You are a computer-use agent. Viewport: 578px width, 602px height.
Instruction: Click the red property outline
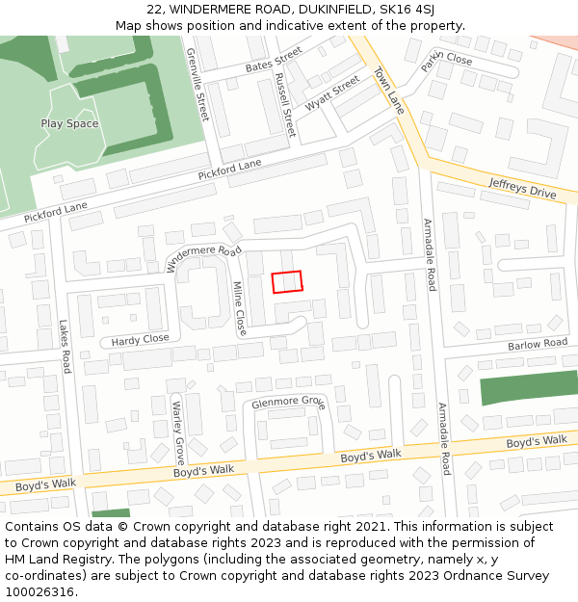click(x=287, y=281)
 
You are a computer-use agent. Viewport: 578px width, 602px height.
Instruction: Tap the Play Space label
click(x=69, y=124)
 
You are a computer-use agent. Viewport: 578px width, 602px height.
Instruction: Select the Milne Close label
click(x=240, y=308)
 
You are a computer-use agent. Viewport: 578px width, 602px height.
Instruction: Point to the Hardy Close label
click(x=140, y=340)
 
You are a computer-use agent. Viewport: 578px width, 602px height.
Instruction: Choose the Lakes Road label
click(x=65, y=347)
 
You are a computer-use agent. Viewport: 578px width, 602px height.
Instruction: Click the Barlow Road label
click(x=538, y=344)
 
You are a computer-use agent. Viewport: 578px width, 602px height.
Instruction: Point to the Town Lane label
click(x=388, y=91)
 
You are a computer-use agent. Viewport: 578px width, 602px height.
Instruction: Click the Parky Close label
click(x=446, y=61)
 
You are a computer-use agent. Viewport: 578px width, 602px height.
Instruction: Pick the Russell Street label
click(x=284, y=103)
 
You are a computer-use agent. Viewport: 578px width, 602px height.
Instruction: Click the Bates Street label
click(x=274, y=59)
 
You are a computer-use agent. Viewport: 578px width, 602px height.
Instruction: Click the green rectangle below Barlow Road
click(x=529, y=387)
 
